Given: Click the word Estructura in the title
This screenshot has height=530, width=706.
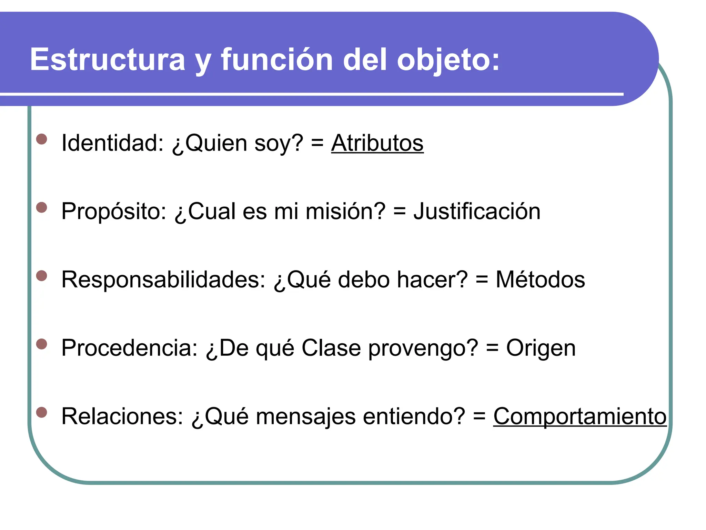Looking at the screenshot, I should tap(108, 59).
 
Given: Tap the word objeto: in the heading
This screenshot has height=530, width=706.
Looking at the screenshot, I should tap(448, 60).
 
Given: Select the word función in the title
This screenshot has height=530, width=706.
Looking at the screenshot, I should tap(277, 59).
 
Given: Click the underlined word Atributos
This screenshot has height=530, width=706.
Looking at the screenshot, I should tap(377, 143).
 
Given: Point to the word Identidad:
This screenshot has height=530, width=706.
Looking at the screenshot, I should tap(112, 143).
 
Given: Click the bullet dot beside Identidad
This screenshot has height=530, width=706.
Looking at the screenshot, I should tap(42, 139).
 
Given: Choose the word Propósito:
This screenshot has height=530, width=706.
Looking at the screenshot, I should tap(114, 211).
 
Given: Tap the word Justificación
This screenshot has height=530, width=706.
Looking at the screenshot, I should tap(477, 211).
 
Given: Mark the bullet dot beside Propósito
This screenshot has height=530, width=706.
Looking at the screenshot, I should tap(42, 208).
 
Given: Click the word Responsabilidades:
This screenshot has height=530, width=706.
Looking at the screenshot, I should tap(163, 279).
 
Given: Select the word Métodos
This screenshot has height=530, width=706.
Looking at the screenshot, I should tap(540, 279).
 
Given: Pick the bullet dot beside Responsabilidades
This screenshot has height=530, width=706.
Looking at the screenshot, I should tap(42, 276).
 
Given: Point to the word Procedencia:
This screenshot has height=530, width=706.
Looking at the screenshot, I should tap(129, 348).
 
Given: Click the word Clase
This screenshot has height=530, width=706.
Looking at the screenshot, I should tap(331, 348).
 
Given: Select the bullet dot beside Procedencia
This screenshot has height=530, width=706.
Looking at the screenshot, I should tap(42, 344).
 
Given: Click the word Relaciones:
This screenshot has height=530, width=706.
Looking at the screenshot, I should tap(122, 416).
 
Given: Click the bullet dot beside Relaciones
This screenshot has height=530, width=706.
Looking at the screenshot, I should tap(42, 413).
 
